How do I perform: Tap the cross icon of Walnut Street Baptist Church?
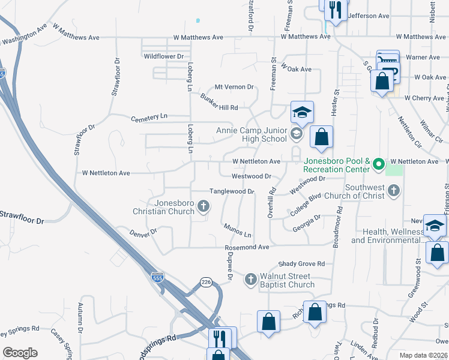coord(251,279)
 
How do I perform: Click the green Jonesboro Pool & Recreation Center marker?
coord(378,163)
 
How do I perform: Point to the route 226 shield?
coord(206,283)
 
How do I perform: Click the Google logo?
coord(20,353)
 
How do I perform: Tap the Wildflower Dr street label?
coord(163,56)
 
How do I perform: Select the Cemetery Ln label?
coord(149,117)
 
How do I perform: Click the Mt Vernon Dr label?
coord(234,87)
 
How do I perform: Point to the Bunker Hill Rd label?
coord(219,103)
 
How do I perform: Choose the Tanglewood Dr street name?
coord(232,191)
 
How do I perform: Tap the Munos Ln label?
coord(237,230)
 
